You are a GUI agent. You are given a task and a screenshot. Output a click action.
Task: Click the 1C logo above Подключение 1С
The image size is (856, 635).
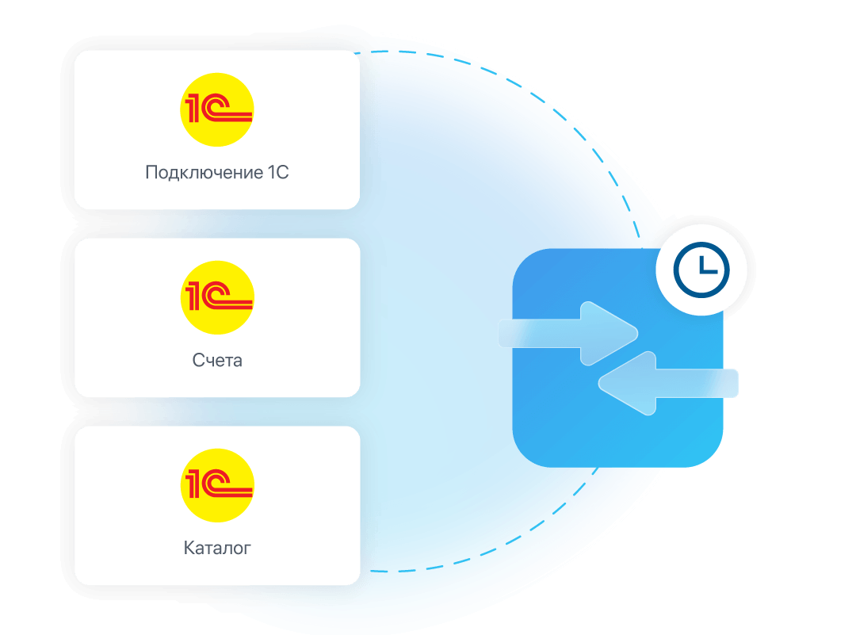pyautogui.click(x=216, y=109)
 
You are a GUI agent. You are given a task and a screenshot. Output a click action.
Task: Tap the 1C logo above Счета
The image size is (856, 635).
pyautogui.click(x=217, y=297)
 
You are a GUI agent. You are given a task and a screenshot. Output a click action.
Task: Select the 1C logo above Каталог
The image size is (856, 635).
pyautogui.click(x=217, y=485)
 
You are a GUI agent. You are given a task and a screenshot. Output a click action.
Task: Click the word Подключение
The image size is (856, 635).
pyautogui.click(x=204, y=173)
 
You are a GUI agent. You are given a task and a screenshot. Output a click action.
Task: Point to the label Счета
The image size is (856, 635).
pyautogui.click(x=217, y=361)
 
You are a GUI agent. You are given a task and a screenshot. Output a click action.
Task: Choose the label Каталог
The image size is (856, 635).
pyautogui.click(x=217, y=548)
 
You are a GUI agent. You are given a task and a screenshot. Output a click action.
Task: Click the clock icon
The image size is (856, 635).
pyautogui.click(x=701, y=270)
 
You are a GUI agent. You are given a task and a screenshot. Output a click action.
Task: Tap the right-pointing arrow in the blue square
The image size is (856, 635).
pyautogui.click(x=568, y=333)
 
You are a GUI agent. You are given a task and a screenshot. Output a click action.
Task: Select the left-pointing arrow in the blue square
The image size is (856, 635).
pyautogui.click(x=668, y=383)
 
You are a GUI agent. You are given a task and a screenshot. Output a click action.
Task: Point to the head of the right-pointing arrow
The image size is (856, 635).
pyautogui.click(x=610, y=333)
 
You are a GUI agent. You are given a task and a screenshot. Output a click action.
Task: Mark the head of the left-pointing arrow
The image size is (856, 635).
pyautogui.click(x=627, y=383)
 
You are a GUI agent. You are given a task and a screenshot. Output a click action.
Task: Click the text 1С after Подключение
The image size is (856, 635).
pyautogui.click(x=278, y=173)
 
